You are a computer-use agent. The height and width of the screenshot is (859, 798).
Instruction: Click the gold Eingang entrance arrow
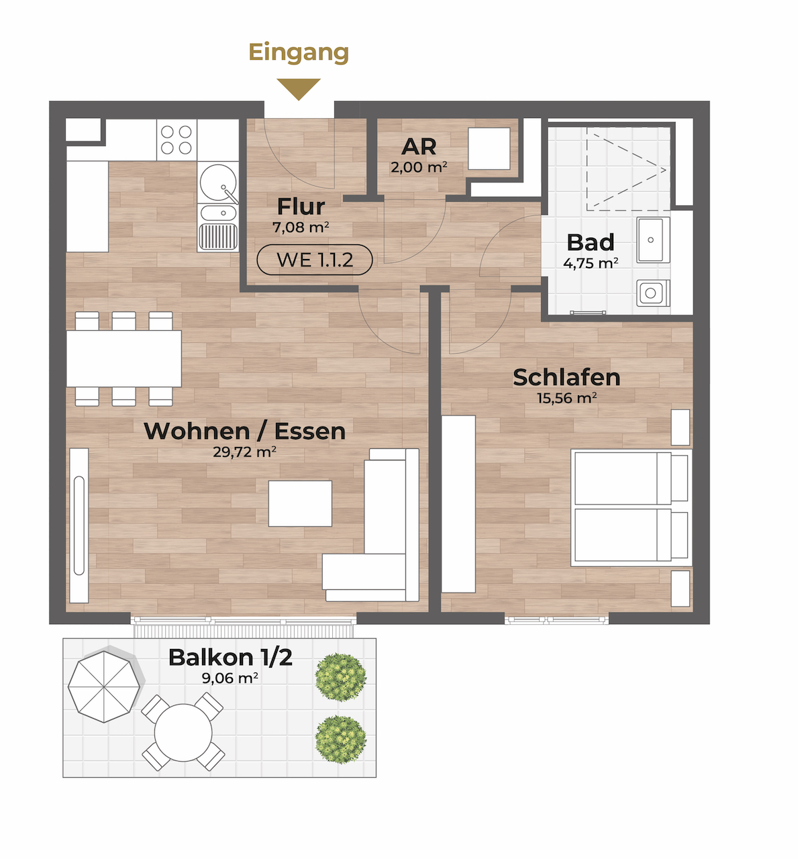click(x=299, y=89)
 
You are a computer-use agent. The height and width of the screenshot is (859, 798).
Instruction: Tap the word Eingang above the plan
click(x=299, y=53)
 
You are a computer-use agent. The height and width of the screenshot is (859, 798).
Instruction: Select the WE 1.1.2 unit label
click(x=315, y=260)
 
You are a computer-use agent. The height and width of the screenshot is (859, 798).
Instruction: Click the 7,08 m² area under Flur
click(x=301, y=227)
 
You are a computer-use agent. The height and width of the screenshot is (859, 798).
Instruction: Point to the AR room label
click(x=419, y=146)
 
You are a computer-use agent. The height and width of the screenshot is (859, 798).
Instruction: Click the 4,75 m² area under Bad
click(x=590, y=262)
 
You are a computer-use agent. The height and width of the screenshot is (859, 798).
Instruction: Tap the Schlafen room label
click(x=566, y=377)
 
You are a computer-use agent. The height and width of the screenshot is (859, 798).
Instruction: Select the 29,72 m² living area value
click(x=244, y=452)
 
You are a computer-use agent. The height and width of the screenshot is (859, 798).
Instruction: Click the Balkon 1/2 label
click(x=230, y=658)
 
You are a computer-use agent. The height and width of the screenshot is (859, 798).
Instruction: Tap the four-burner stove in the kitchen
click(x=177, y=140)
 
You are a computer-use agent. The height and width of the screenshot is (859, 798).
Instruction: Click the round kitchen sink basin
click(x=218, y=183)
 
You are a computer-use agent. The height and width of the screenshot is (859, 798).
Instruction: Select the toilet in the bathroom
click(x=653, y=293)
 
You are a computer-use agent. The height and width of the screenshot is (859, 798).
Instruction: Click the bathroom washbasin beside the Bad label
click(x=653, y=240)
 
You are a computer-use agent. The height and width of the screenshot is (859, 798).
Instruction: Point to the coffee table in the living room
click(x=300, y=503)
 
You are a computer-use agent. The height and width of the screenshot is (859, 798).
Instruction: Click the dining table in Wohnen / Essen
click(x=123, y=358)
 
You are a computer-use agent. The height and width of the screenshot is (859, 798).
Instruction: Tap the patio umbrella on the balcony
click(x=104, y=687)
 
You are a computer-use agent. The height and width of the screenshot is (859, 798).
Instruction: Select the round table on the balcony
click(x=183, y=732)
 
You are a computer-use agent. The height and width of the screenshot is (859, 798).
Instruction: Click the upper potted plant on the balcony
click(x=341, y=677)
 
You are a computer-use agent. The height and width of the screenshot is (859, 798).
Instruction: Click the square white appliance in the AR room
click(x=489, y=148)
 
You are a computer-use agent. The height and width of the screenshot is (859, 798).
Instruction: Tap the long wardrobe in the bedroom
click(x=458, y=504)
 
